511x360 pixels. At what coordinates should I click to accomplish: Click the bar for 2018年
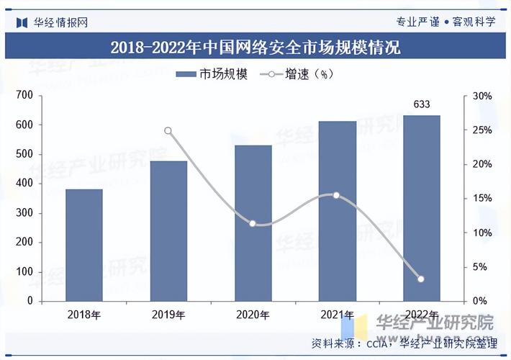tap(84, 245)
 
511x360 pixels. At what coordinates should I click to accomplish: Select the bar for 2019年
tap(168, 230)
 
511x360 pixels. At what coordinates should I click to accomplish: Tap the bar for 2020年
tap(253, 222)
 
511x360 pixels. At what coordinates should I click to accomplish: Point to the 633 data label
tap(422, 104)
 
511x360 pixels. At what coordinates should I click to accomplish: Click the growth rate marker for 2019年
tap(168, 131)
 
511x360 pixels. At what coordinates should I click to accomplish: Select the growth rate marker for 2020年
tap(253, 224)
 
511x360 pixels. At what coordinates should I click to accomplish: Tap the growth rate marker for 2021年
tap(336, 195)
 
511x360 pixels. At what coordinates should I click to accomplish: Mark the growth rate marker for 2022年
tap(421, 279)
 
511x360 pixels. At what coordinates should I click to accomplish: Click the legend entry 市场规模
tap(212, 74)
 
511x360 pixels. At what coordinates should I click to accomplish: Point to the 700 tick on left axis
tap(25, 96)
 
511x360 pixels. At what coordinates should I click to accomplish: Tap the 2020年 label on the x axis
tap(253, 315)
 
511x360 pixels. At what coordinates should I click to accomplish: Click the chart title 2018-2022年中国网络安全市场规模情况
tap(255, 48)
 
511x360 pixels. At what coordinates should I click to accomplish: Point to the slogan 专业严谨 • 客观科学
tap(446, 21)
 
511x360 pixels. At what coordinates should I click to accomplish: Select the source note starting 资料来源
tap(403, 343)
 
